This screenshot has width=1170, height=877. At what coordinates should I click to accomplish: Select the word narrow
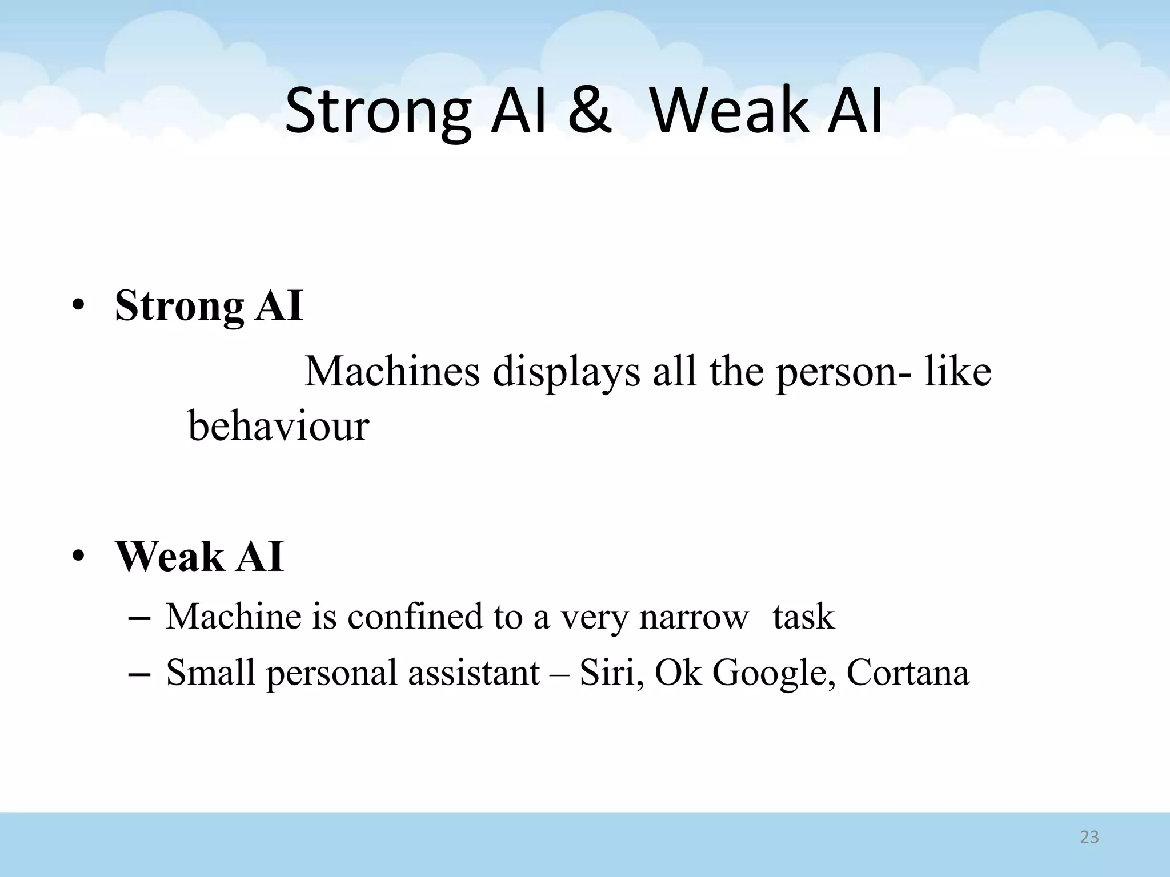point(694,618)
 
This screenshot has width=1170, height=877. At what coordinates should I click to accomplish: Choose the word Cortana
point(908,673)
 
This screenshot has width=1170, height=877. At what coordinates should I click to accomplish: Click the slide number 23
point(1089,838)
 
